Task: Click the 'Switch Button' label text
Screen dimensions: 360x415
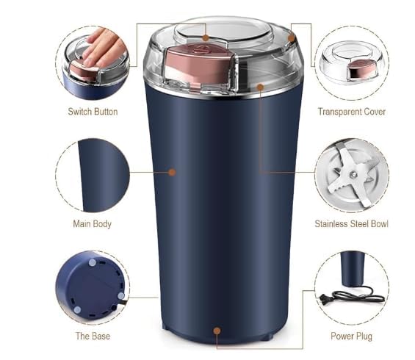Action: [x=93, y=112]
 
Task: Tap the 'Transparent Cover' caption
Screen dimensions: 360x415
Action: [x=351, y=112]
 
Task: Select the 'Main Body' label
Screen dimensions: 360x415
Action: [x=92, y=223]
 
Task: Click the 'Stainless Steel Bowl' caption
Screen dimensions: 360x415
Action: [x=351, y=223]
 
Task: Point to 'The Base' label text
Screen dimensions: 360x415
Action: [x=93, y=336]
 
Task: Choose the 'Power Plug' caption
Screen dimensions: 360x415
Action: [x=351, y=336]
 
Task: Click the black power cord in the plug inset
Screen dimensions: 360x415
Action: [x=360, y=295]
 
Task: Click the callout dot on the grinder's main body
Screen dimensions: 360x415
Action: [x=172, y=172]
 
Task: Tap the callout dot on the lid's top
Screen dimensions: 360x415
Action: [x=206, y=36]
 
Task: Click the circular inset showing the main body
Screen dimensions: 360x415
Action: [x=93, y=175]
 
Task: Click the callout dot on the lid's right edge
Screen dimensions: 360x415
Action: [x=292, y=37]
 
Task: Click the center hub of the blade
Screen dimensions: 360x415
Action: [x=352, y=174]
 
